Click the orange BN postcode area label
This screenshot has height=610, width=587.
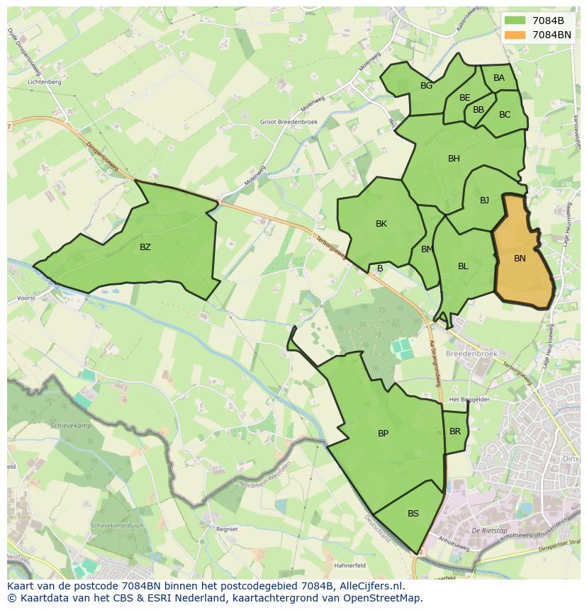(520, 259)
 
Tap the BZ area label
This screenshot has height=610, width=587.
(145, 247)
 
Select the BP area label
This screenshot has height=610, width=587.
(383, 434)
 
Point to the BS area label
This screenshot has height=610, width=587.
(413, 514)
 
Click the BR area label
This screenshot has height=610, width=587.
(455, 431)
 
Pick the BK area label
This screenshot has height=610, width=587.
(381, 224)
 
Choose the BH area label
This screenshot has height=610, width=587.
(454, 159)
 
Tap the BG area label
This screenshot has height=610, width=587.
(426, 86)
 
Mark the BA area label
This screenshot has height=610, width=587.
(499, 78)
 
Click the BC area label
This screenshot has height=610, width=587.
(505, 115)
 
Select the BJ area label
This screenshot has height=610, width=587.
(484, 200)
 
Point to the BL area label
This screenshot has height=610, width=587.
(463, 266)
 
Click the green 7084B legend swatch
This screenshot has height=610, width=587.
(515, 21)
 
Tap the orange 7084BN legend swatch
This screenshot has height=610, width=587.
(515, 34)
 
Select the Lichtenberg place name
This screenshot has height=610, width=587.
(44, 82)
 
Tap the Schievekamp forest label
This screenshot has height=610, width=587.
(72, 427)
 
